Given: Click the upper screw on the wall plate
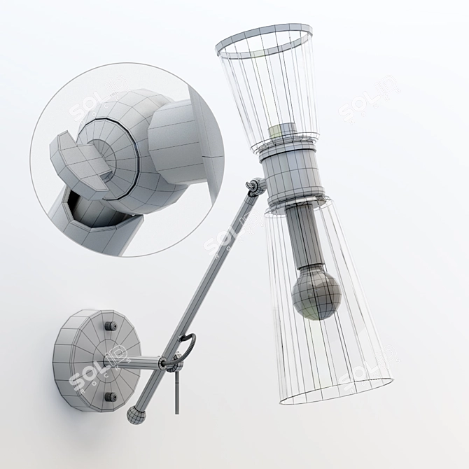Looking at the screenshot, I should (110, 326).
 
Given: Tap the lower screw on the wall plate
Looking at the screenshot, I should (111, 396).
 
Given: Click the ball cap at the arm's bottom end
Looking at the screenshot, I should (134, 415).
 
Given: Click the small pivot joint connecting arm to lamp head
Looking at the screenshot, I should (255, 186).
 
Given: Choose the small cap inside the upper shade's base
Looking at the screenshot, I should (284, 132).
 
